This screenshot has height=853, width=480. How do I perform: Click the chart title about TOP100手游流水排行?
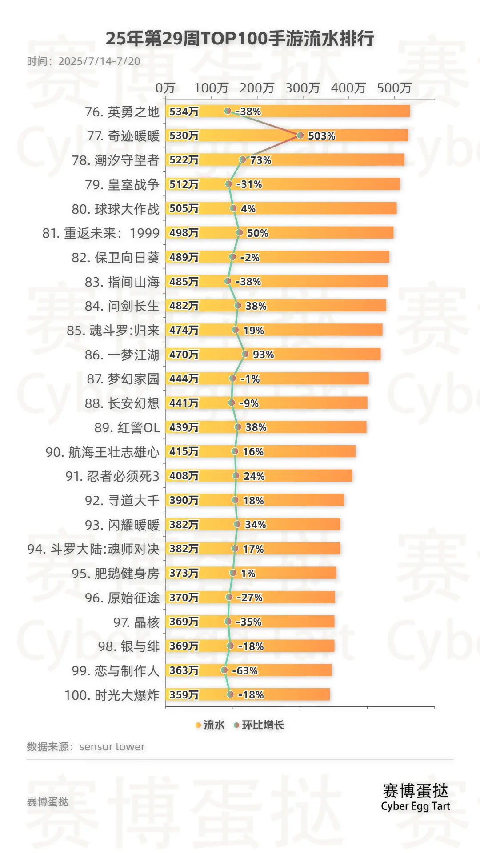[240, 39]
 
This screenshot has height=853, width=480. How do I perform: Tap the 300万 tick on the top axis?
[303, 88]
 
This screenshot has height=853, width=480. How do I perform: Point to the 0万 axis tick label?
[165, 88]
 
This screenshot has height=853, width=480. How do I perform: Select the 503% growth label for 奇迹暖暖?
[321, 136]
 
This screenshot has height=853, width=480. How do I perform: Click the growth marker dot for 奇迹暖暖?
[300, 135]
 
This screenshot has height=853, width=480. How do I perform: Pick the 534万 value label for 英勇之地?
[184, 112]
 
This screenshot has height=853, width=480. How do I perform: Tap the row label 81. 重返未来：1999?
[101, 233]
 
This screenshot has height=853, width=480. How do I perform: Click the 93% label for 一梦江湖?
[263, 355]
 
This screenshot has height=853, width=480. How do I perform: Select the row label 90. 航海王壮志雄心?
[102, 452]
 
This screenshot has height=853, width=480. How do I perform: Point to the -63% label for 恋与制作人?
[245, 671]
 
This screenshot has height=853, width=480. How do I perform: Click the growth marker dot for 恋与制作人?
[224, 670]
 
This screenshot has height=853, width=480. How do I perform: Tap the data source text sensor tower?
[112, 747]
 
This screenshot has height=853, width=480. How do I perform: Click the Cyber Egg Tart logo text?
[416, 806]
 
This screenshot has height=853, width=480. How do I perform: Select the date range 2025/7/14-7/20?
[99, 61]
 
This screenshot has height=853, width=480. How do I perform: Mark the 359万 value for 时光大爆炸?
[184, 695]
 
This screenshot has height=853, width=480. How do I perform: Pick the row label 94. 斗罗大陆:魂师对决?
[93, 550]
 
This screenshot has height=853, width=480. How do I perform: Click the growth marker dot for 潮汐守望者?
[243, 159]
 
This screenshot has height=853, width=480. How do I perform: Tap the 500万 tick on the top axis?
[394, 88]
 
